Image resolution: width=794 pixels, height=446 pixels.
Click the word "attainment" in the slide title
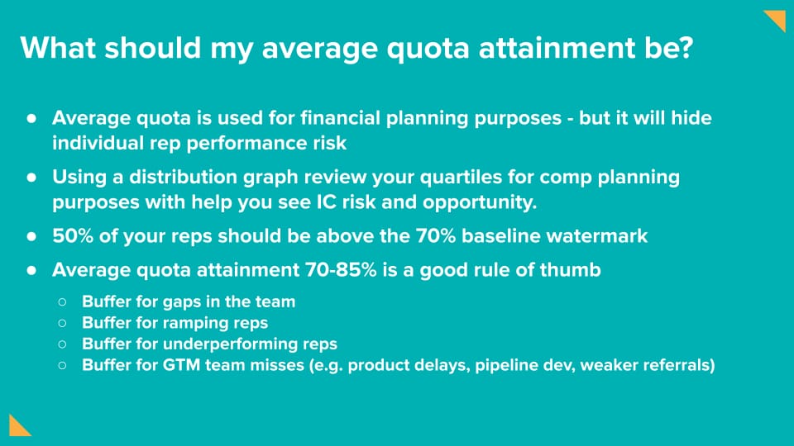[557, 48]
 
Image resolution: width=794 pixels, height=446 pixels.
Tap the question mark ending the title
[686, 48]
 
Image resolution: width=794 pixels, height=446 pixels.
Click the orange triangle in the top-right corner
[775, 21]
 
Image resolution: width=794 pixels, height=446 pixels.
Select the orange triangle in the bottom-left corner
[19, 425]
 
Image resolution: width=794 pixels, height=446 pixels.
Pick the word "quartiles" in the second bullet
[461, 177]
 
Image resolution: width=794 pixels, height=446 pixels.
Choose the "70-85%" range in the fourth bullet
[341, 270]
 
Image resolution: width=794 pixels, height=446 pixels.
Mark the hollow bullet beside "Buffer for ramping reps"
[62, 323]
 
